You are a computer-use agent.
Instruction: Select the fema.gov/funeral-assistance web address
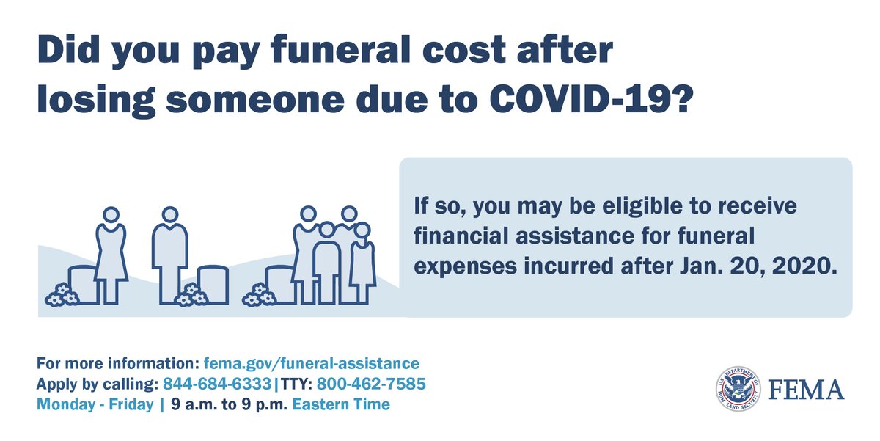pyautogui.click(x=312, y=363)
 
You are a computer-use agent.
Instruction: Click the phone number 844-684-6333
pyautogui.click(x=218, y=384)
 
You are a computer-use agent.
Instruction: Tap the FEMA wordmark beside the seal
pyautogui.click(x=805, y=390)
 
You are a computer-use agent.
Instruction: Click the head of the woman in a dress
pyautogui.click(x=111, y=215)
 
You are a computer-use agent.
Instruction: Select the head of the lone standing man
pyautogui.click(x=170, y=215)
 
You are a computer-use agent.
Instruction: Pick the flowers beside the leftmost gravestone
pyautogui.click(x=61, y=296)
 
